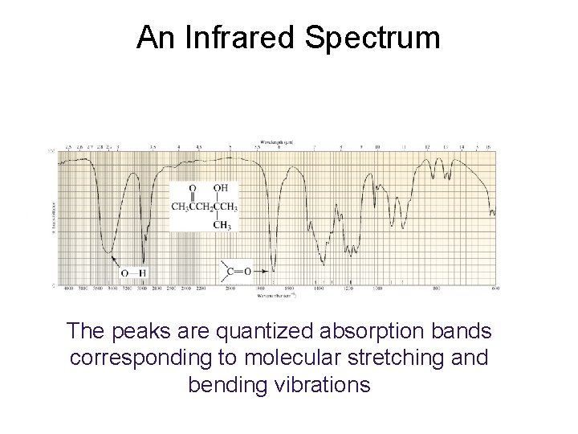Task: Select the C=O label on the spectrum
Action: pos(235,271)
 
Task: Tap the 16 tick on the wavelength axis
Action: pos(487,148)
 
